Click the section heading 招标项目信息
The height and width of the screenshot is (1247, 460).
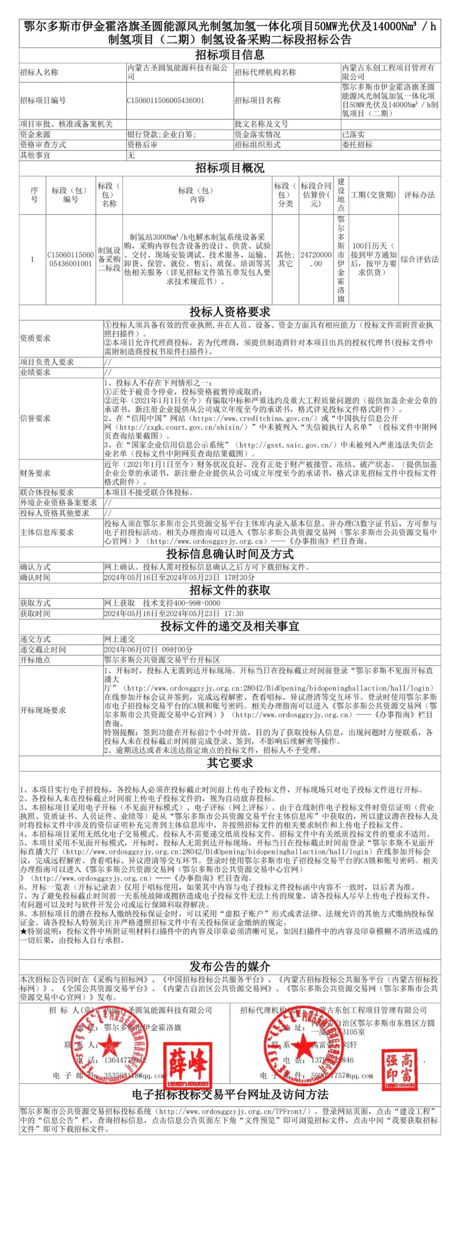(230, 55)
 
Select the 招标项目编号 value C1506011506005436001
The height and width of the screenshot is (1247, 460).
(165, 100)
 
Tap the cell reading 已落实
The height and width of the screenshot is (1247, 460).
(354, 135)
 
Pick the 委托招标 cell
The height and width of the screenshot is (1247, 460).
(357, 145)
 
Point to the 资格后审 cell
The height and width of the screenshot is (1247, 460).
(142, 145)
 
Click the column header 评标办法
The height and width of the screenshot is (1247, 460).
(420, 195)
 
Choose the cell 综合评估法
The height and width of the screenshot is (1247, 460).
(420, 259)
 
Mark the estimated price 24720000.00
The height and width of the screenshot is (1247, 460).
(316, 259)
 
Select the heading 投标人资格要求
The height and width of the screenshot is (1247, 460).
(230, 312)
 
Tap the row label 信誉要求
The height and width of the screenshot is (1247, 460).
(35, 418)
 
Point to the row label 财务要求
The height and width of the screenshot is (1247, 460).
(35, 473)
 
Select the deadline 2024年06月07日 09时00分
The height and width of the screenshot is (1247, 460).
(149, 650)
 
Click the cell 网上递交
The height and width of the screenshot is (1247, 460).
(120, 639)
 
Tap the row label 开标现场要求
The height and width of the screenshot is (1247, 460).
(43, 710)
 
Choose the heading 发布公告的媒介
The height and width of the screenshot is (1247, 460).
(230, 967)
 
